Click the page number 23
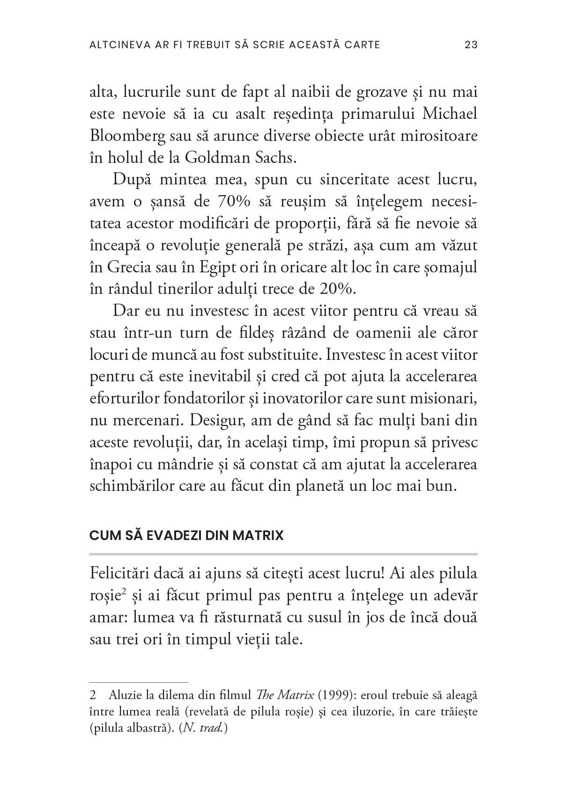(x=470, y=45)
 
